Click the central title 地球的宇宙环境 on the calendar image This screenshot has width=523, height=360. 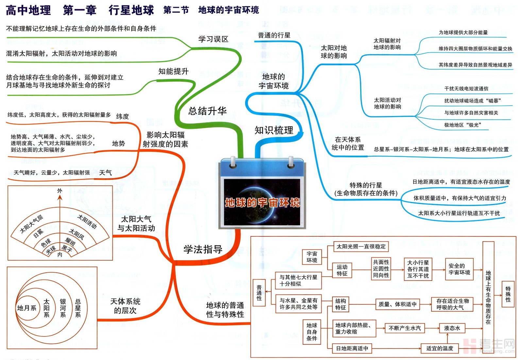click(262, 203)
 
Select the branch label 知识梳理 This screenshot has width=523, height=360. click(274, 130)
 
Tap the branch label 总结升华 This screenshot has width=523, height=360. click(207, 111)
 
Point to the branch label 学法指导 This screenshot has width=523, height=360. click(203, 249)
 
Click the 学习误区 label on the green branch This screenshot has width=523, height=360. click(213, 39)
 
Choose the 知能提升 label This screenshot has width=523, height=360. click(173, 71)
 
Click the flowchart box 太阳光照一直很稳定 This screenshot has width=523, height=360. click(361, 247)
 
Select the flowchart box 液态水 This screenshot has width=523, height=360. click(452, 328)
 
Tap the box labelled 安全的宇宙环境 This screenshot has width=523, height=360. click(459, 269)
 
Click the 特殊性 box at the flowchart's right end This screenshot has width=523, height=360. click(508, 294)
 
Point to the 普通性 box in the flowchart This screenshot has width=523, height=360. click(259, 293)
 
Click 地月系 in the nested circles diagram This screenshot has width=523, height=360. click(26, 308)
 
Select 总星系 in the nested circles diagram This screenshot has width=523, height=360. click(78, 308)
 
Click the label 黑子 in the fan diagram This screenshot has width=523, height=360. click(67, 249)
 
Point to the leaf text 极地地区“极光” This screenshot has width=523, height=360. click(462, 125)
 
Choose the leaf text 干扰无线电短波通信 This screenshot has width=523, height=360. click(466, 89)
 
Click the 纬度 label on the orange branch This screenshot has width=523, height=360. click(123, 116)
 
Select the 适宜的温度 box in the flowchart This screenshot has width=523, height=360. click(440, 348)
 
